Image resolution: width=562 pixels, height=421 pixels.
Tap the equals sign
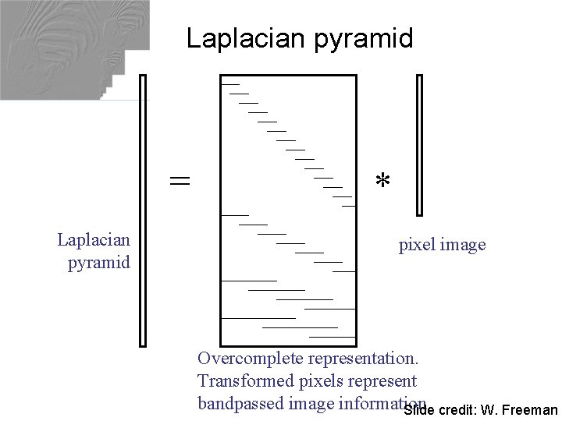(180, 181)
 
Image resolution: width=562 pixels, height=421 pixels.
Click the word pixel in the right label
(417, 245)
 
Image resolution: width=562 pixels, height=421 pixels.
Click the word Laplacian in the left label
(94, 239)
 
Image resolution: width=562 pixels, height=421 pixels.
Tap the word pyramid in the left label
(99, 262)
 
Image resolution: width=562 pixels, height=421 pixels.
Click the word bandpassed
(240, 404)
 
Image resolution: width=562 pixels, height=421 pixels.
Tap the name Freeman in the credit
(530, 410)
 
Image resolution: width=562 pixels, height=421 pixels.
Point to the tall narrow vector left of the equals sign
(142, 210)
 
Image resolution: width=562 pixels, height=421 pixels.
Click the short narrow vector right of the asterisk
(420, 145)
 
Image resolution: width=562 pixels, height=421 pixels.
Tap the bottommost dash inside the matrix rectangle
(333, 337)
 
